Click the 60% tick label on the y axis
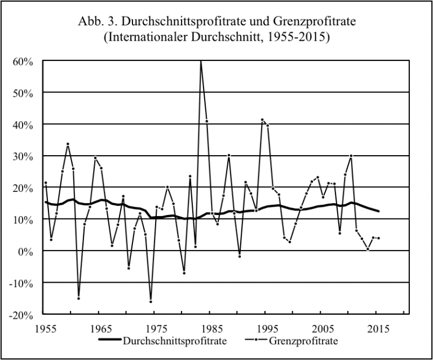(x=24, y=61)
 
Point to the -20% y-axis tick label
(x=23, y=314)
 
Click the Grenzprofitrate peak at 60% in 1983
(x=201, y=61)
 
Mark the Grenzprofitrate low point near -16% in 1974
(x=151, y=301)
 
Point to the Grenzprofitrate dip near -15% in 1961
(x=78, y=298)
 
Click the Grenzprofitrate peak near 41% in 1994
(x=262, y=120)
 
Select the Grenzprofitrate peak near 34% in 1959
(x=68, y=144)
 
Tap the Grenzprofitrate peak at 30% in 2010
(x=351, y=156)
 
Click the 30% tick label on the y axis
(x=24, y=156)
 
